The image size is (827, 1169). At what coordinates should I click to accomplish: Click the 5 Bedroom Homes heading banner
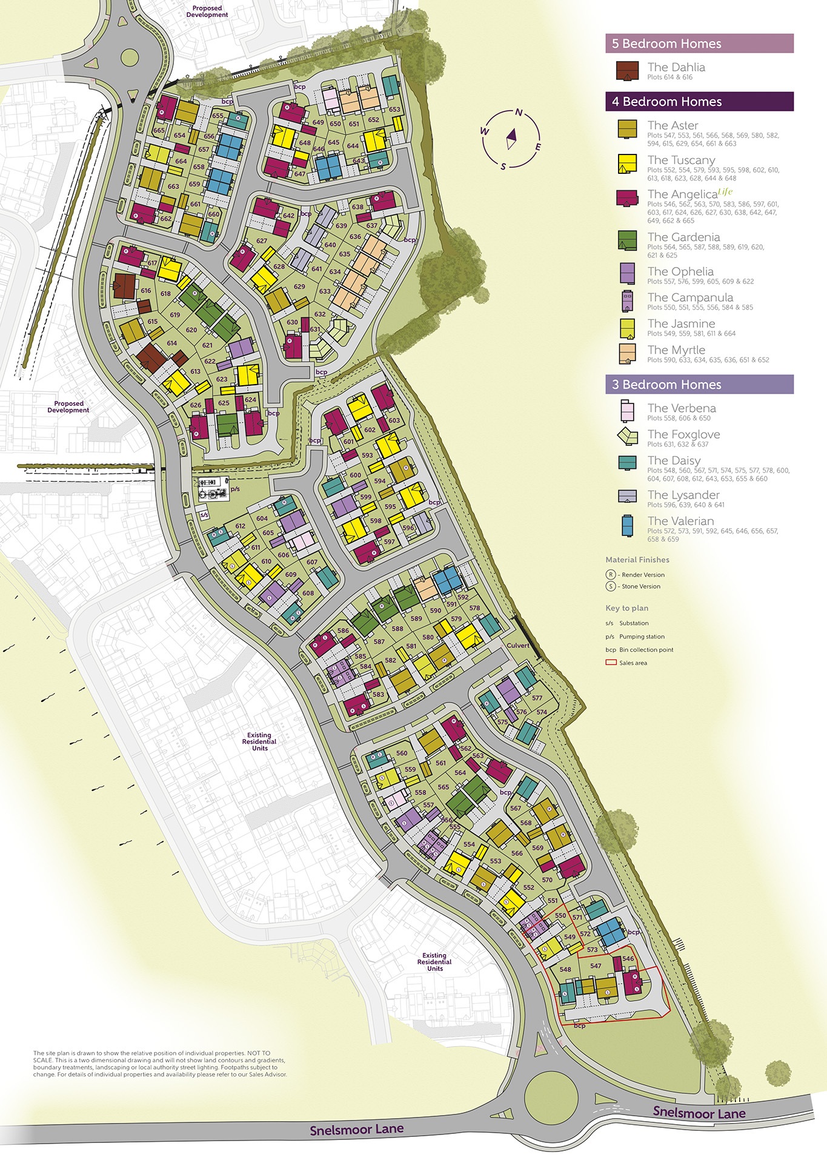click(699, 44)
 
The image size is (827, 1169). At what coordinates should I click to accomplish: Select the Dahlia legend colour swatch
click(627, 71)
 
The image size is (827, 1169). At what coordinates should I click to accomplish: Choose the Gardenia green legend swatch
click(627, 240)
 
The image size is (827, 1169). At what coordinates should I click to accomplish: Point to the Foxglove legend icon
click(627, 435)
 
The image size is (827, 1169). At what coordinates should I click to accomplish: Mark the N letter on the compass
click(519, 112)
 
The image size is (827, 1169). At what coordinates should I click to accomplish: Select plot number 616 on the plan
click(145, 291)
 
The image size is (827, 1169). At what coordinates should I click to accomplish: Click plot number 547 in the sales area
click(596, 966)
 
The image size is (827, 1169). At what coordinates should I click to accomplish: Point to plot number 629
click(299, 286)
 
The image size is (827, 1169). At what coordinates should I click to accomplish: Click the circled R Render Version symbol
click(611, 575)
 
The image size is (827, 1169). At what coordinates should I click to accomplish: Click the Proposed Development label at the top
click(207, 12)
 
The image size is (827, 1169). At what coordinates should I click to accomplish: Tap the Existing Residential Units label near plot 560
click(259, 741)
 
